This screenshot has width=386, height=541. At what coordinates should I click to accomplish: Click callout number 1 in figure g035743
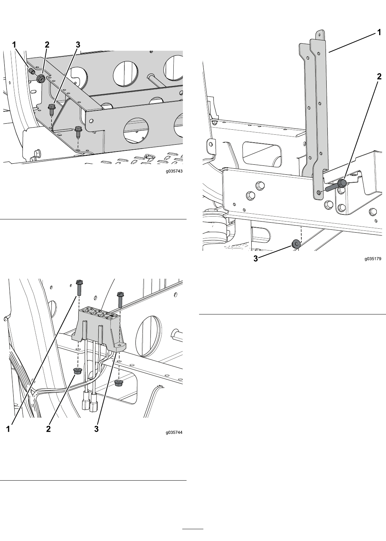[x=14, y=45]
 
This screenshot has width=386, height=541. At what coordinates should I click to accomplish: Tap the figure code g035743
[x=174, y=171]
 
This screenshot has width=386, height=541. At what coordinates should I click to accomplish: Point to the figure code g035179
[x=373, y=259]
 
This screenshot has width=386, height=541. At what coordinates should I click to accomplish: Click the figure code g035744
[x=174, y=432]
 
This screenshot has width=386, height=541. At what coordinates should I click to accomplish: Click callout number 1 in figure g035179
[x=379, y=32]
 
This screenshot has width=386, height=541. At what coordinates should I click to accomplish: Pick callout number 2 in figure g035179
[x=379, y=76]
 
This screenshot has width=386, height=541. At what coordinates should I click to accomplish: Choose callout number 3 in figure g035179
[x=256, y=259]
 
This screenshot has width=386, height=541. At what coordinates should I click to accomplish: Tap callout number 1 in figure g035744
[x=8, y=429]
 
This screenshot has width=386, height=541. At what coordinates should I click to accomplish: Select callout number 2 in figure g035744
[x=48, y=429]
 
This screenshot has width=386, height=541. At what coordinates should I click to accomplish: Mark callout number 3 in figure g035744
[x=96, y=429]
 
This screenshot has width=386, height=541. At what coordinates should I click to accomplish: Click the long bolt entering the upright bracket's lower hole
[x=336, y=186]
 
